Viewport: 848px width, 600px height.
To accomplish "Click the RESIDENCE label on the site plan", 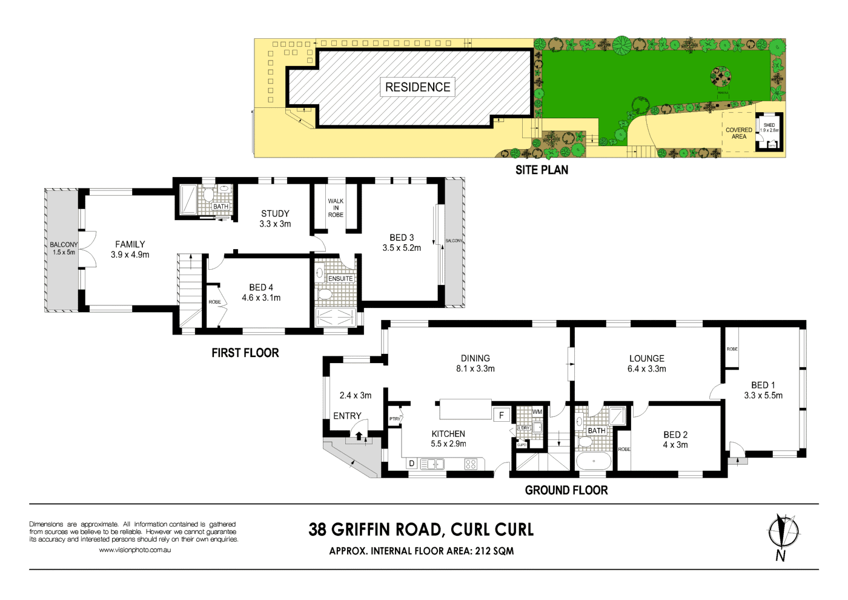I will (417, 87).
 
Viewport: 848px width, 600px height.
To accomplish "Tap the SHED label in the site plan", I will (769, 125).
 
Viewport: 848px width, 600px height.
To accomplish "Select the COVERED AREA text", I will (738, 133).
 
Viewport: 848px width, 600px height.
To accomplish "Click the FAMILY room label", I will (130, 244).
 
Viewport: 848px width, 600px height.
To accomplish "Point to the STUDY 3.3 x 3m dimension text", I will (275, 224).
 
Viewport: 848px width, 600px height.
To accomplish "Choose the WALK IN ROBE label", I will (336, 208).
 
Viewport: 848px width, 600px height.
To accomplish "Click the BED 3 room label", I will (402, 238).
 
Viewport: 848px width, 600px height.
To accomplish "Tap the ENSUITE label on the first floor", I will (340, 279).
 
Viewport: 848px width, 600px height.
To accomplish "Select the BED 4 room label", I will (261, 287).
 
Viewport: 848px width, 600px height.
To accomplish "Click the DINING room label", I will (475, 358).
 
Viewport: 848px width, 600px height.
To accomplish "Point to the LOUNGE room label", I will (647, 358).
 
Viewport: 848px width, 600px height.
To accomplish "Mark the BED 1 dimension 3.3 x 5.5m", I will (763, 396).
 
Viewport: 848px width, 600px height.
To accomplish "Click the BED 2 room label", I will (675, 435).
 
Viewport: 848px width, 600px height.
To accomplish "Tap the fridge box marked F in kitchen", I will (501, 415).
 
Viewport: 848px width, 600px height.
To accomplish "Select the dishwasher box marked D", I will (412, 464).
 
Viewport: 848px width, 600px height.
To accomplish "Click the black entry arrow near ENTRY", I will (359, 435).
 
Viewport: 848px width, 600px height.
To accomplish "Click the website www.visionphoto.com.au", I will (134, 550).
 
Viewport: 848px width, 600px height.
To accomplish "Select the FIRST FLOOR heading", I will (245, 353).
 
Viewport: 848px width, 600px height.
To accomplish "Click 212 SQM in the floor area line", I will (494, 551).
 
